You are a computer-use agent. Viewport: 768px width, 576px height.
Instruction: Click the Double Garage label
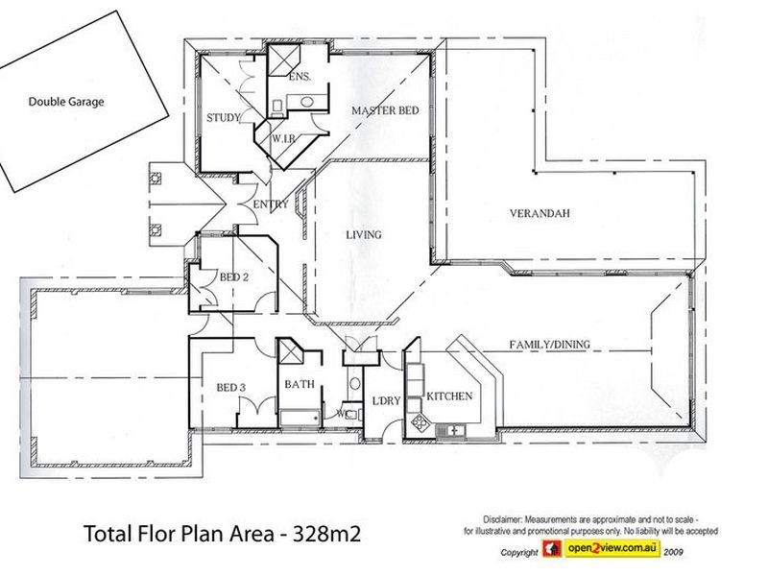[x=66, y=102]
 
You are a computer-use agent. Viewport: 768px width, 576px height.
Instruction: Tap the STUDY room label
[x=224, y=117]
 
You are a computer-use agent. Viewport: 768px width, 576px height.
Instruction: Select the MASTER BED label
[x=386, y=110]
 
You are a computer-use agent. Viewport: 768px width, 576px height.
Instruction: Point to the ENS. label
[x=300, y=77]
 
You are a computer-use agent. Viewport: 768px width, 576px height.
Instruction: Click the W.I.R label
[x=283, y=138]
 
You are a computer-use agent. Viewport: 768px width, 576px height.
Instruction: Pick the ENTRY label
[x=271, y=204]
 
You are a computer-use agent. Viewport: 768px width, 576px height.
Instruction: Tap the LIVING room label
[x=364, y=235]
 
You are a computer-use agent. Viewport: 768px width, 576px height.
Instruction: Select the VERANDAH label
[x=540, y=213]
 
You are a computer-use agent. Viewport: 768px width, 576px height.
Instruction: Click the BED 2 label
[x=233, y=277]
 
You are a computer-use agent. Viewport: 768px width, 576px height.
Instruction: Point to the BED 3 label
[x=230, y=388]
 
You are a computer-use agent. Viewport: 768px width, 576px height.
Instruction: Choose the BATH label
[x=300, y=385]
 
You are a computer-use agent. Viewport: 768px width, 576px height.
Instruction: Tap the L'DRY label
[x=387, y=401]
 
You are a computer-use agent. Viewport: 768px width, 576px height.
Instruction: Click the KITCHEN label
[x=449, y=396]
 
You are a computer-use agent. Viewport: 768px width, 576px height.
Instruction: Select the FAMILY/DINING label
[x=549, y=345]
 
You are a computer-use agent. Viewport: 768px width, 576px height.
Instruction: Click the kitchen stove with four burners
[x=420, y=421]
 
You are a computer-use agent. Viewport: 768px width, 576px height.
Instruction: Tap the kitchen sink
[x=450, y=431]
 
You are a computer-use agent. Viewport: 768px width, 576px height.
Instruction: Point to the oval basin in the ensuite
[x=307, y=103]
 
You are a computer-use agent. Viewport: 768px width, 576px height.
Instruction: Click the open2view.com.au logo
[x=602, y=548]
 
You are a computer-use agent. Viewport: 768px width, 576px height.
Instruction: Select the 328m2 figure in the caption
[x=326, y=534]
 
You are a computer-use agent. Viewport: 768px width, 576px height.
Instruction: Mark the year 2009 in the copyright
[x=673, y=552]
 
